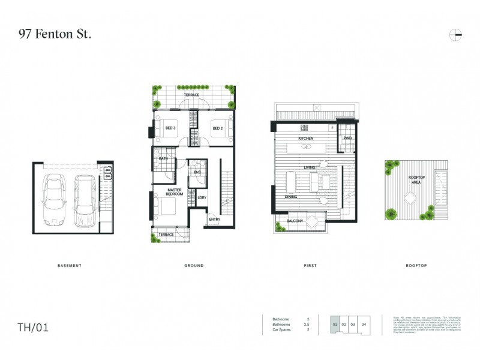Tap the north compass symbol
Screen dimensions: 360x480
[x=455, y=35]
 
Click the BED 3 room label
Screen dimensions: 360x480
[x=170, y=128]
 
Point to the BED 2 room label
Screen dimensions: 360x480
[x=218, y=128]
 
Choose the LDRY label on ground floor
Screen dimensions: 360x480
[x=202, y=198]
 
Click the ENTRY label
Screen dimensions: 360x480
[x=214, y=220]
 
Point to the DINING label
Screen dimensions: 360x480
[x=292, y=196]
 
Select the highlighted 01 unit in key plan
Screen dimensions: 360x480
[x=334, y=325]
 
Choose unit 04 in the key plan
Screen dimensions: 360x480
[x=364, y=325]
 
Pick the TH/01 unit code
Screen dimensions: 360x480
[x=33, y=328]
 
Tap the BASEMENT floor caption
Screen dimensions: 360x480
[x=69, y=266]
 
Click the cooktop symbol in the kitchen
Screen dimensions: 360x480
[x=304, y=127]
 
